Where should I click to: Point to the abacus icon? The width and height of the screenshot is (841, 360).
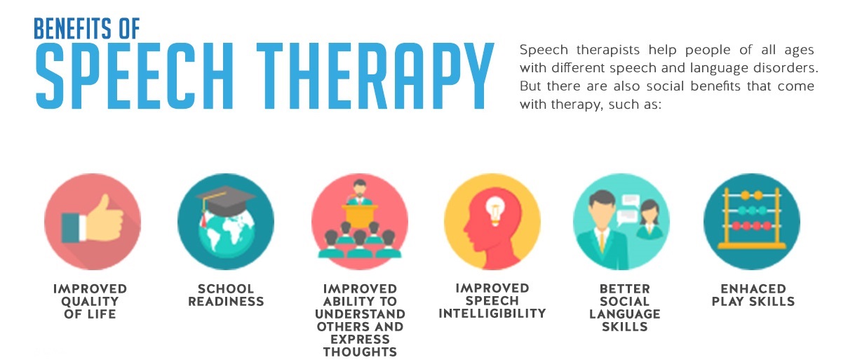pyautogui.click(x=751, y=219)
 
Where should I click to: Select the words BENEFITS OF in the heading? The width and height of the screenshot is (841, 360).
pyautogui.click(x=86, y=28)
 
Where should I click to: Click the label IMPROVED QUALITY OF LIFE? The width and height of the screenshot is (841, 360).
pyautogui.click(x=90, y=301)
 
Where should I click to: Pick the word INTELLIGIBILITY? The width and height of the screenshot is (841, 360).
pyautogui.click(x=492, y=313)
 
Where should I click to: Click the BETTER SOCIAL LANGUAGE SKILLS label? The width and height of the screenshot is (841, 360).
pyautogui.click(x=624, y=307)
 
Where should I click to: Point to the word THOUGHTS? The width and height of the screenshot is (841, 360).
pyautogui.click(x=360, y=352)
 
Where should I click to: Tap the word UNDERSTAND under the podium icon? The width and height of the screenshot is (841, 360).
pyautogui.click(x=360, y=314)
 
